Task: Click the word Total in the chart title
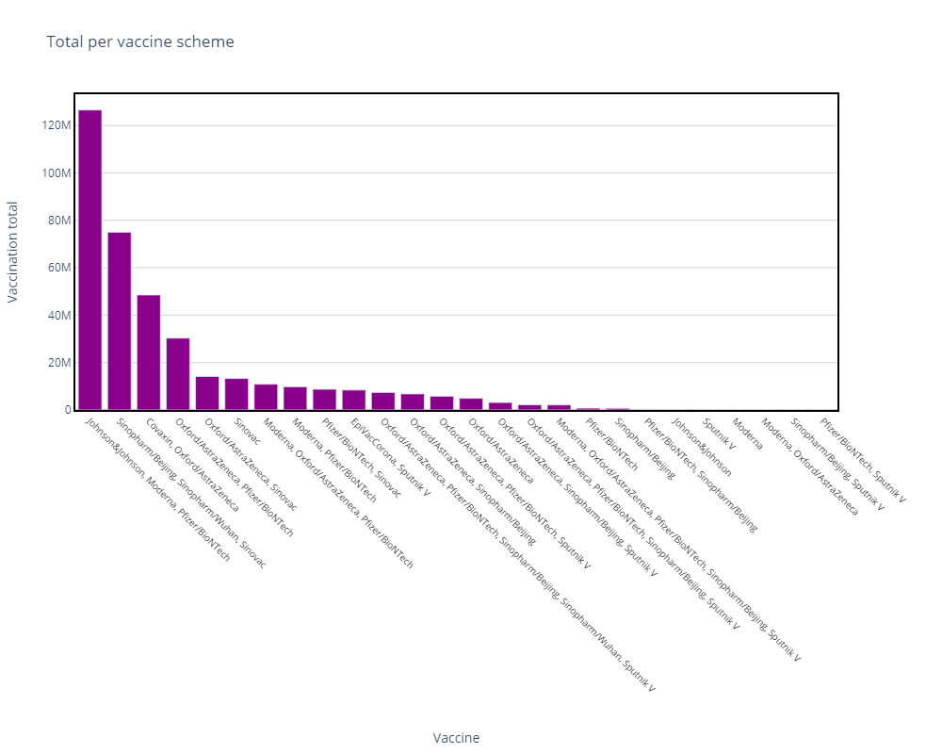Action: pyautogui.click(x=64, y=42)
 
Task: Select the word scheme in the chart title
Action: pyautogui.click(x=209, y=42)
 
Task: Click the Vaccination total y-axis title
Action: pyautogui.click(x=13, y=252)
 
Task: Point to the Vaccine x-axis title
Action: pyautogui.click(x=456, y=738)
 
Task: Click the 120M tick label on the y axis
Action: pyautogui.click(x=56, y=125)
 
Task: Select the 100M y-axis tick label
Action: pyautogui.click(x=56, y=173)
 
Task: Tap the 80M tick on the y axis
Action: pyautogui.click(x=58, y=221)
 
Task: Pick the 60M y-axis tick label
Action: pyautogui.click(x=58, y=268)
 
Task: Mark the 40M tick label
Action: pyautogui.click(x=58, y=316)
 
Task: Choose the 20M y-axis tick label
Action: pyautogui.click(x=58, y=363)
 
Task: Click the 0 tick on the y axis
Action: pyautogui.click(x=68, y=410)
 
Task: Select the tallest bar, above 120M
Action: pyautogui.click(x=89, y=259)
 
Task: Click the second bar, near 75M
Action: pyautogui.click(x=119, y=320)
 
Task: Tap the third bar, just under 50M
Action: pyautogui.click(x=148, y=352)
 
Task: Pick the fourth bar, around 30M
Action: pyautogui.click(x=178, y=373)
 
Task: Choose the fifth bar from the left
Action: pyautogui.click(x=207, y=392)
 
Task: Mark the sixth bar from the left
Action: pyautogui.click(x=236, y=394)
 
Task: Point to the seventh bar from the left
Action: pyautogui.click(x=266, y=397)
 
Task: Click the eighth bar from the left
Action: pyautogui.click(x=295, y=398)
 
